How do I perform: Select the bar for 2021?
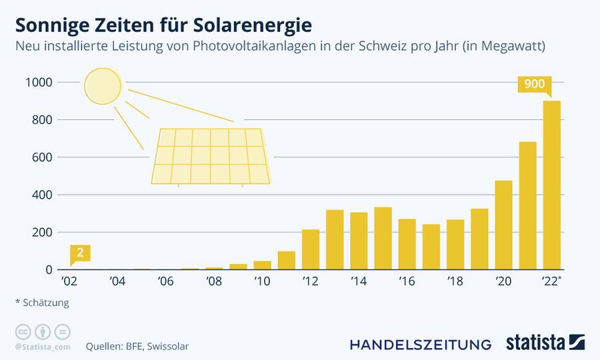(x=527, y=206)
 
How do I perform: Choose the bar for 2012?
(x=311, y=250)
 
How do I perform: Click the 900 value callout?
(x=534, y=85)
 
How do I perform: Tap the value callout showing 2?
(x=80, y=253)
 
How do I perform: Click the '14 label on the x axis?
(x=359, y=282)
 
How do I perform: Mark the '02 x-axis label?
(x=69, y=282)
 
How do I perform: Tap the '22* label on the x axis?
(x=553, y=282)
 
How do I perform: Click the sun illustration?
(x=103, y=86)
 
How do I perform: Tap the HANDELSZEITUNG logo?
(x=421, y=344)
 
